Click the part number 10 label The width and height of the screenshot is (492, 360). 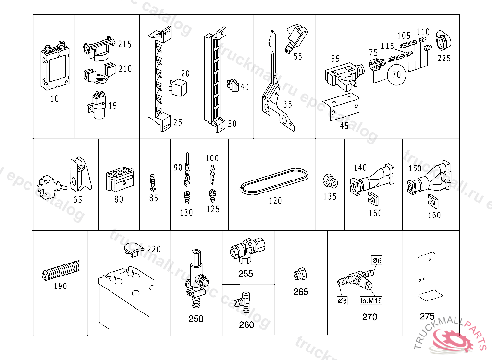[54, 99]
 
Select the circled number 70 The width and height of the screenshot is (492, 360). [396, 75]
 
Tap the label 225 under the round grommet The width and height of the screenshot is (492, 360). [444, 59]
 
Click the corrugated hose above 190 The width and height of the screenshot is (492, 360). [61, 272]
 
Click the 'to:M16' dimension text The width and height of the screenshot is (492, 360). [371, 301]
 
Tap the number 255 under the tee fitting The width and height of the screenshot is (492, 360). [246, 274]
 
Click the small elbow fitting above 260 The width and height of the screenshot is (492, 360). [243, 301]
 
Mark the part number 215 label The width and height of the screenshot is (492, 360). [124, 44]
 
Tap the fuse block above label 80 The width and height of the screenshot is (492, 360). [120, 180]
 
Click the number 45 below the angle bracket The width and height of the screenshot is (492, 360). [344, 126]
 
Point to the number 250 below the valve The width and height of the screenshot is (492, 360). [196, 319]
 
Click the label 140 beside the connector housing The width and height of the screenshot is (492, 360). [360, 168]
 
